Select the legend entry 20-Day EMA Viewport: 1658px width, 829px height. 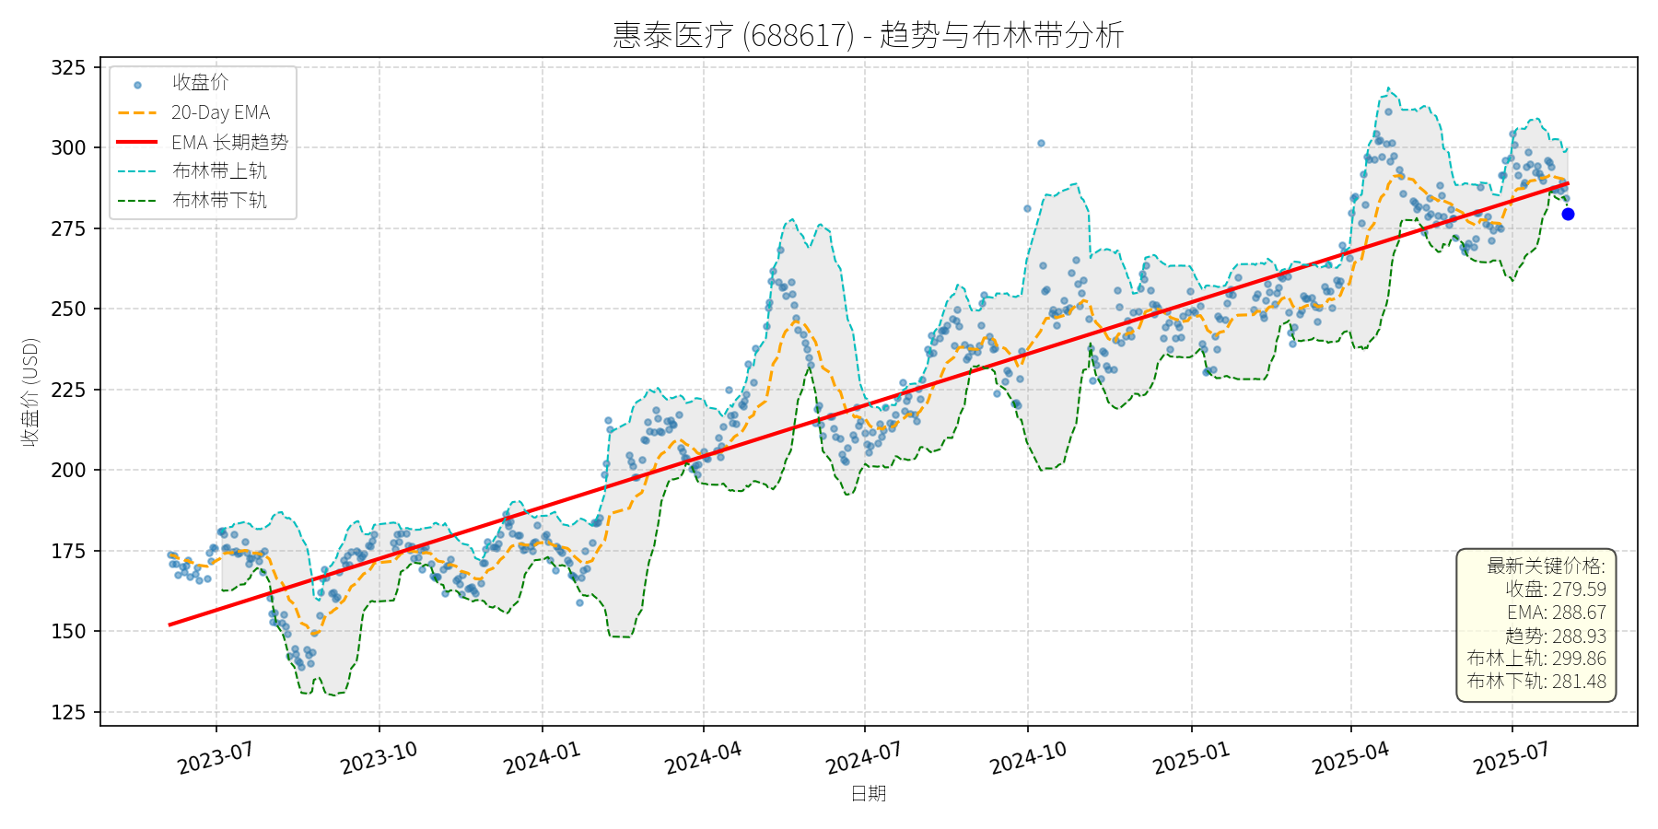tap(220, 112)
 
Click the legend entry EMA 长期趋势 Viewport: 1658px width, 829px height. tap(229, 142)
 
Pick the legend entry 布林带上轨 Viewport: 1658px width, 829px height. tap(219, 171)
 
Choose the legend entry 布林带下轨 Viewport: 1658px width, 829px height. tap(219, 201)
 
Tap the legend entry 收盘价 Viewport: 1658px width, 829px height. tap(200, 83)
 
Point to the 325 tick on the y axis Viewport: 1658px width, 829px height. tap(68, 67)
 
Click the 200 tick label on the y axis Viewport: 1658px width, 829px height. tap(68, 471)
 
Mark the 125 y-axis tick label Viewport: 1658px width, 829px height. tap(68, 712)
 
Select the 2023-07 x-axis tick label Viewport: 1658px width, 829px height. tap(215, 759)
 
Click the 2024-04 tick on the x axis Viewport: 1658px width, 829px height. tap(703, 759)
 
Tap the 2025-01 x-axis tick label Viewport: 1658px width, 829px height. tap(1191, 759)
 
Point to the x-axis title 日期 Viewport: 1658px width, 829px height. tap(868, 794)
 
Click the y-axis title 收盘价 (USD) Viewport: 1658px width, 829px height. tap(30, 391)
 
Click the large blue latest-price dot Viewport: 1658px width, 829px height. tap(1568, 215)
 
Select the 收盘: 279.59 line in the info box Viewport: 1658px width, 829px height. tap(1556, 590)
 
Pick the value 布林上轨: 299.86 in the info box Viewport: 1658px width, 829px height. tap(1536, 659)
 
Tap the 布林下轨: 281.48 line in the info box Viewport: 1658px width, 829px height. tap(1536, 682)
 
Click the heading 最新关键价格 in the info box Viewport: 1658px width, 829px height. tap(1546, 566)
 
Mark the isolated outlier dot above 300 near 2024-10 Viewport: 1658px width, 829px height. tap(1041, 144)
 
